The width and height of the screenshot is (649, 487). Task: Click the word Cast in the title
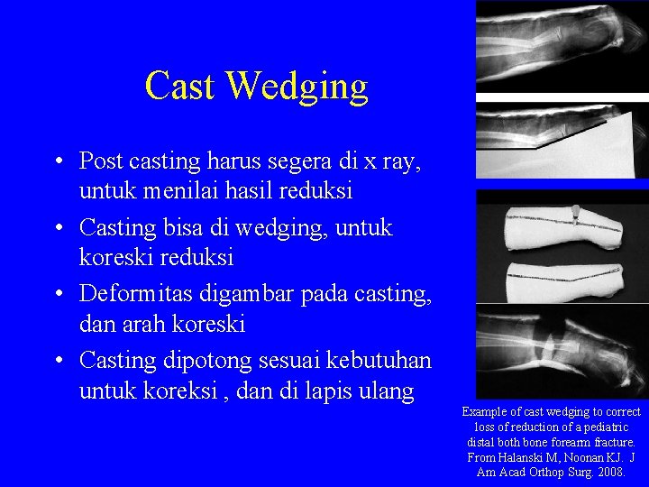point(180,87)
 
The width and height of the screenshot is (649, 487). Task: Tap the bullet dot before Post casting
point(57,162)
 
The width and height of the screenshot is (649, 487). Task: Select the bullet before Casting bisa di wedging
point(57,229)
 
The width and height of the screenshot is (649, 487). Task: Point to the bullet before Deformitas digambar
point(57,295)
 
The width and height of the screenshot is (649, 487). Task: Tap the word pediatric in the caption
point(600,427)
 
